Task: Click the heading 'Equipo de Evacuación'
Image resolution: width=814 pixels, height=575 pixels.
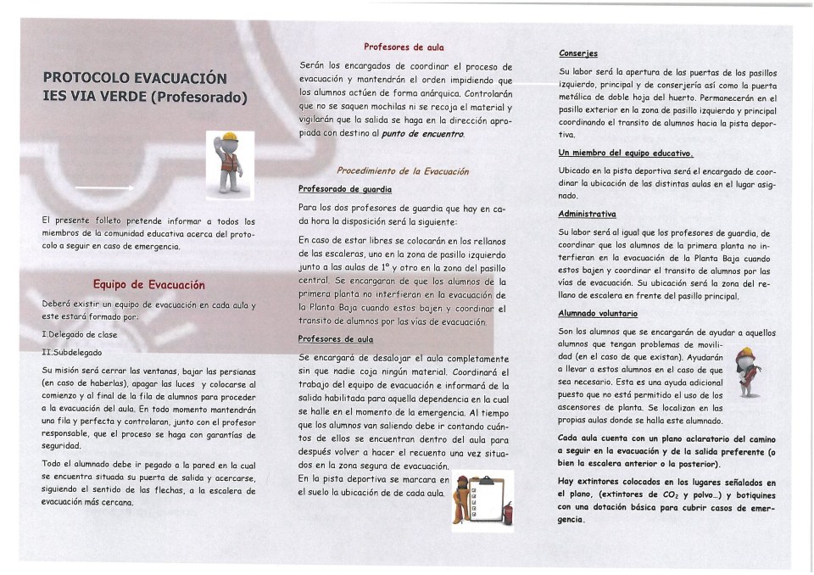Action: [x=148, y=284]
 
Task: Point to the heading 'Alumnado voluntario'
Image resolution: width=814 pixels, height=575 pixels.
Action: [x=597, y=313]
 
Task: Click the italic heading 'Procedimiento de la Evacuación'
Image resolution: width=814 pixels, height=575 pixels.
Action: [x=403, y=170]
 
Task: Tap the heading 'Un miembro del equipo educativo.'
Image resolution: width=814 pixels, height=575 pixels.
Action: [x=626, y=154]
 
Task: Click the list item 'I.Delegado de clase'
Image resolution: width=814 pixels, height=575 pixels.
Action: [x=80, y=335]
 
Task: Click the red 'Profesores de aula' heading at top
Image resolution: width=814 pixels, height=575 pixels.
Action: [x=404, y=47]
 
